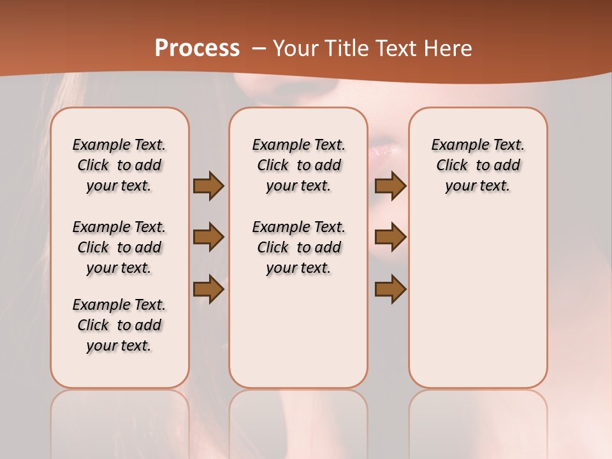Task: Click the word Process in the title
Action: pyautogui.click(x=197, y=48)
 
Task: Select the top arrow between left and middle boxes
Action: pyautogui.click(x=208, y=186)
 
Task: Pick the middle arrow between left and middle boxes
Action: pyautogui.click(x=208, y=237)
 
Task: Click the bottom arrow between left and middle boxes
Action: pyautogui.click(x=208, y=289)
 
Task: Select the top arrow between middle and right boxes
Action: pyautogui.click(x=390, y=186)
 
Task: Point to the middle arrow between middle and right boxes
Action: pyautogui.click(x=390, y=237)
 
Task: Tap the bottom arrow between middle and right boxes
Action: pyautogui.click(x=390, y=289)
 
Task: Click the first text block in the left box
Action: pyautogui.click(x=119, y=165)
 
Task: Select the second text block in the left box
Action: pyautogui.click(x=119, y=247)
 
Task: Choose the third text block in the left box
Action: pyautogui.click(x=119, y=325)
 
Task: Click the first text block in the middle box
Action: pyautogui.click(x=299, y=165)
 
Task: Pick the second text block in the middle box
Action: pyautogui.click(x=299, y=247)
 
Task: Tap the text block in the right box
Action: pyautogui.click(x=478, y=165)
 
